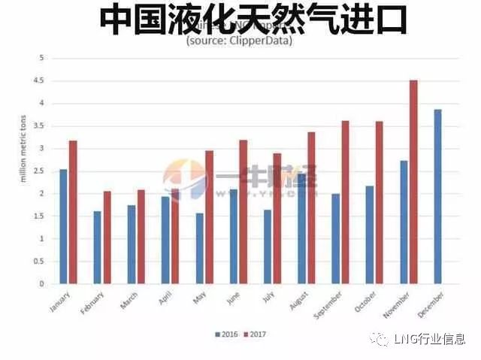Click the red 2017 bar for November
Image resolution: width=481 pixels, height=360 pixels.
(x=413, y=182)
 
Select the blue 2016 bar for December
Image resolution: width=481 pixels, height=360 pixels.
(x=437, y=197)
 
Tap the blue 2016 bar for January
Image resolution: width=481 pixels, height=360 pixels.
(x=64, y=226)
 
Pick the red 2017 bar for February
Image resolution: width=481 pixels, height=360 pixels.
(x=107, y=237)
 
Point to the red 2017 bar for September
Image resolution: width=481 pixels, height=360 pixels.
(x=345, y=202)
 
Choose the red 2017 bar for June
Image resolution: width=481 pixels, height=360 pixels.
(x=243, y=212)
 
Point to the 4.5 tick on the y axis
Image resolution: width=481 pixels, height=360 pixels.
(x=41, y=80)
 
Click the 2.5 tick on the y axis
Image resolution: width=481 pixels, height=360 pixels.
(x=41, y=171)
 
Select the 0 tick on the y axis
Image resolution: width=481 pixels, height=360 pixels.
(x=42, y=284)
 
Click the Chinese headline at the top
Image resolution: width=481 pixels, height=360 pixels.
(x=253, y=19)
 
